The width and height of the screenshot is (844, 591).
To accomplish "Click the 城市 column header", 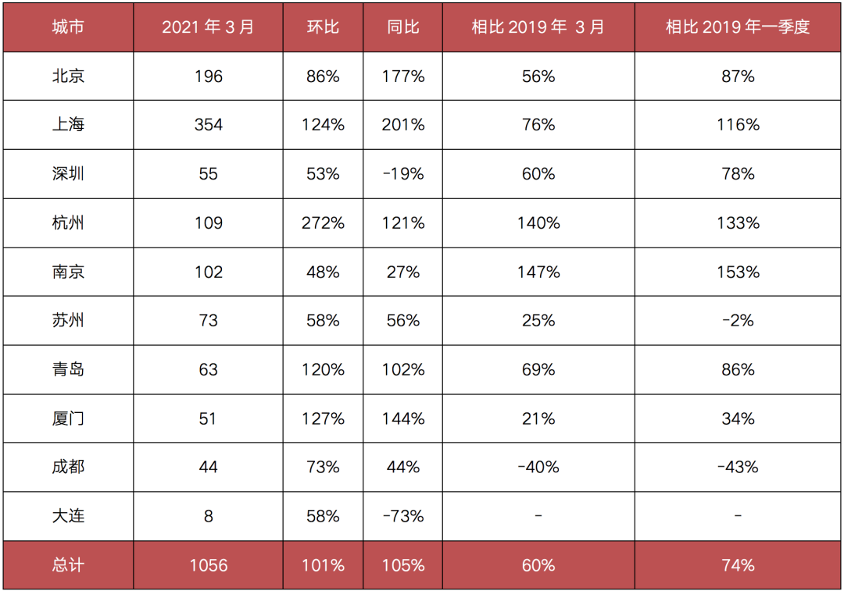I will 68,27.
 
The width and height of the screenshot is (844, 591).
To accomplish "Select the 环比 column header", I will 323,27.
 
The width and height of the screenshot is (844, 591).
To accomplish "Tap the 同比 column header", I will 403,27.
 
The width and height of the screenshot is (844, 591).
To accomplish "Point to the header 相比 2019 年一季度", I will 738,27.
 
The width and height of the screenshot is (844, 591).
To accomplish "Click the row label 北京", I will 68,77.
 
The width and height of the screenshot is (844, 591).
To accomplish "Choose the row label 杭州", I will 68,223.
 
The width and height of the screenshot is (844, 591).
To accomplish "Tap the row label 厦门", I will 68,418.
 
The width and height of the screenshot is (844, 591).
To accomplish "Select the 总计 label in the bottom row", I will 68,565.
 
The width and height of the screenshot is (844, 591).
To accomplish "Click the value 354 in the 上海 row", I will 208,125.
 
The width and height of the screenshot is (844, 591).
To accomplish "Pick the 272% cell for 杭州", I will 323,223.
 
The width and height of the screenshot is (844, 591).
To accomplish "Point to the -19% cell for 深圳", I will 403,174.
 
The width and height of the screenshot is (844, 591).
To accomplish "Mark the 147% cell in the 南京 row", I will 538,272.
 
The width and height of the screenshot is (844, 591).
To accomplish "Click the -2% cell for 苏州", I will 738,321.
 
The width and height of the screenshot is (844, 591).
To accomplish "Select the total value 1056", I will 208,565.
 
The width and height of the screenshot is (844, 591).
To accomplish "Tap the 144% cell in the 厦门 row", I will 403,418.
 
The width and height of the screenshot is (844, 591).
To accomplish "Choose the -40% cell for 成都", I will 538,467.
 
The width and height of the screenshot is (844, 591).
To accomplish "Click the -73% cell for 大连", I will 403,516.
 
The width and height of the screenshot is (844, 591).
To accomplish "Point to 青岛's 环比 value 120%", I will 323,369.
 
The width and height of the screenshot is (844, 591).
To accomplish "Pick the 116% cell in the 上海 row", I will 738,125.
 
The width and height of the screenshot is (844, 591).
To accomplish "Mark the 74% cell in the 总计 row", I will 738,565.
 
